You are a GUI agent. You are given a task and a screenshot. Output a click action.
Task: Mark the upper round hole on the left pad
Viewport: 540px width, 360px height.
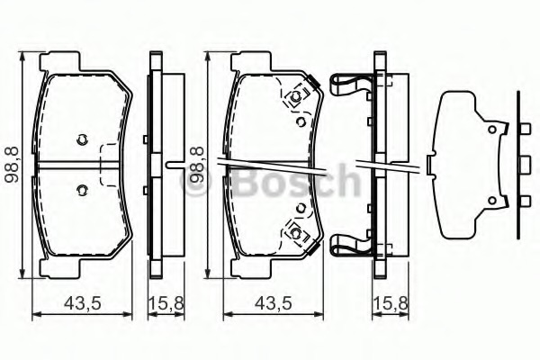point(82,139)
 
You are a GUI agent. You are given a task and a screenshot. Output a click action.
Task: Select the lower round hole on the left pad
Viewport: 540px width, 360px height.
point(82,189)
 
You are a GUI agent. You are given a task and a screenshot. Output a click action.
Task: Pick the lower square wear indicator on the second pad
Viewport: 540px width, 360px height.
point(294,231)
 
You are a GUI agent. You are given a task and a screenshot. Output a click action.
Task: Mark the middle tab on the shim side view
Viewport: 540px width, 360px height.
point(523,165)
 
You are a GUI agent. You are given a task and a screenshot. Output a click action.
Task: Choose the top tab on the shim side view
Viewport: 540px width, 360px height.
point(523,132)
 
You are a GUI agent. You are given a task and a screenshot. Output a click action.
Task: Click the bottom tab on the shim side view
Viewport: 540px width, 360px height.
point(523,199)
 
